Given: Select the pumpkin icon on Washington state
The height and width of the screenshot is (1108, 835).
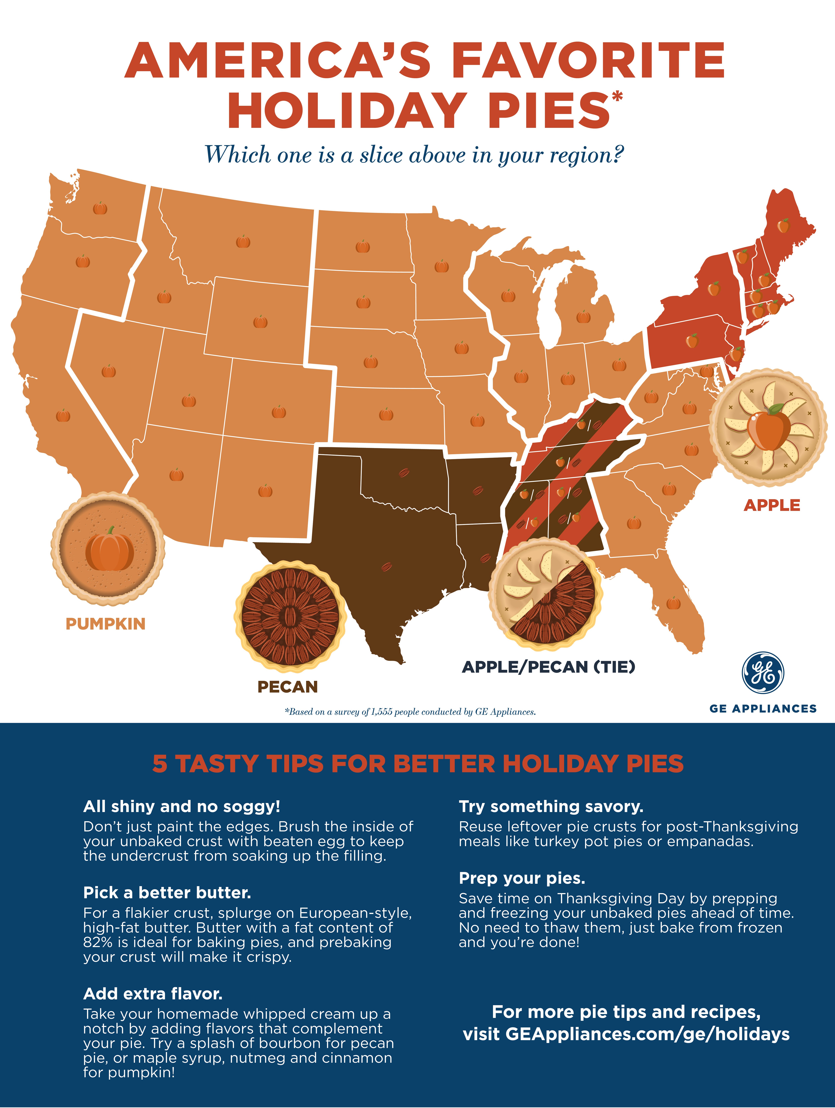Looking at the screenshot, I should (100, 208).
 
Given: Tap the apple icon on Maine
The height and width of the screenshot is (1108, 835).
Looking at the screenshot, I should (783, 226).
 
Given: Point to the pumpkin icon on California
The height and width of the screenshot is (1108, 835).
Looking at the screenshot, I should (63, 415).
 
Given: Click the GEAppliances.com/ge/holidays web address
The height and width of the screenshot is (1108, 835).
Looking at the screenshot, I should (647, 1034).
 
